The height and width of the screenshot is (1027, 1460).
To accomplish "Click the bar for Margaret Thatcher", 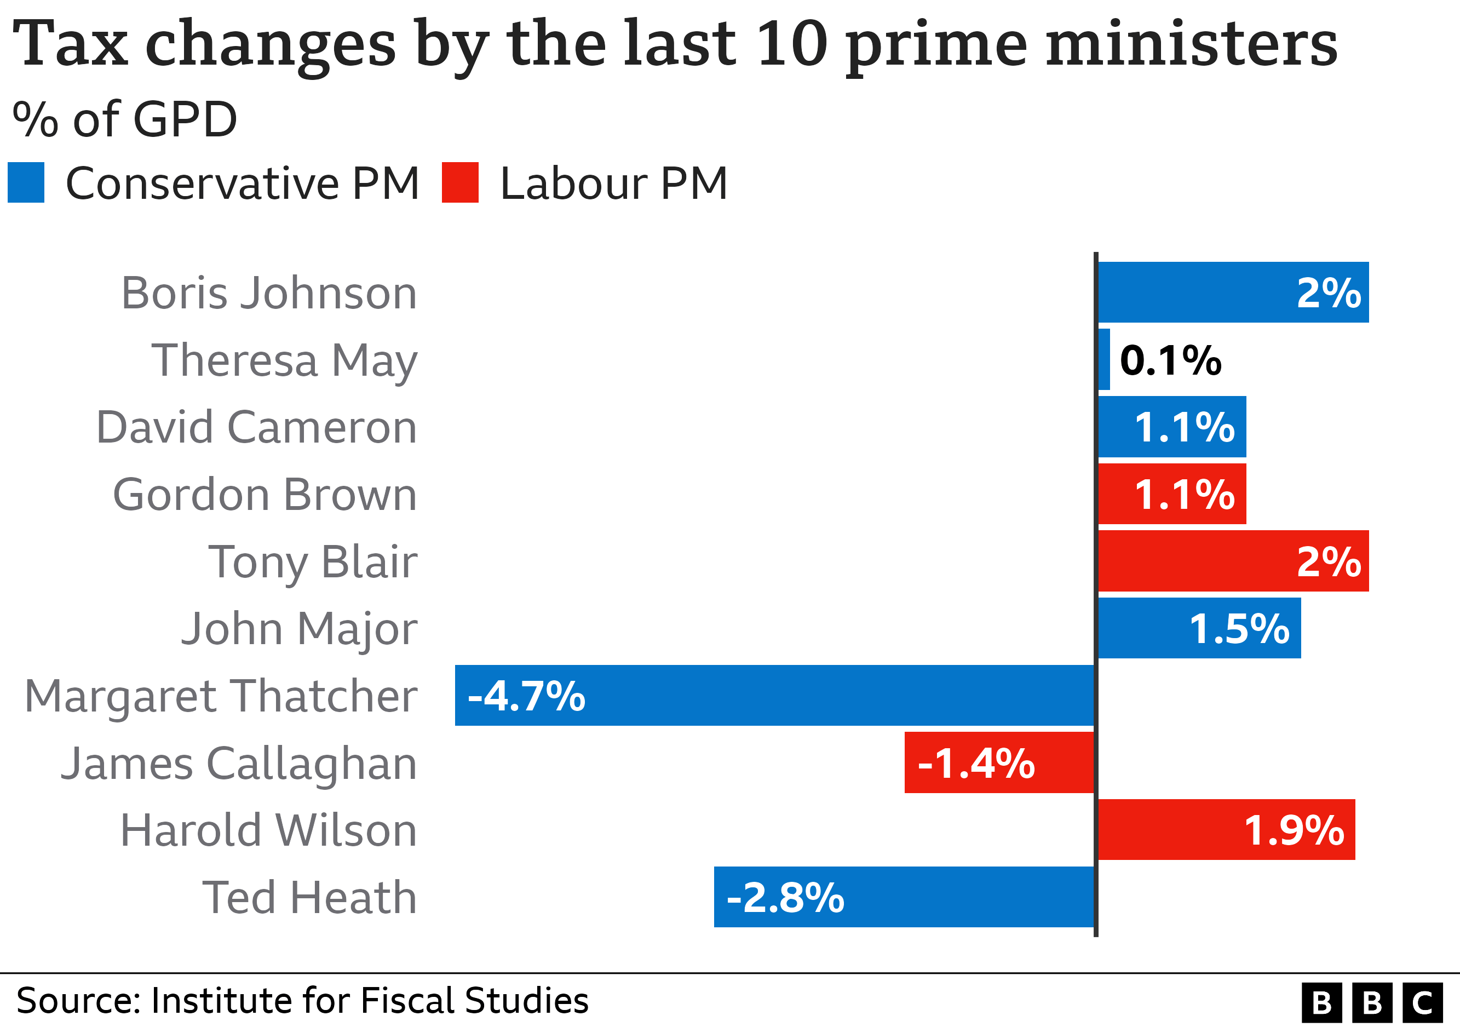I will pos(774,695).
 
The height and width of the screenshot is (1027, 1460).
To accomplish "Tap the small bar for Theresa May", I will pos(1104,359).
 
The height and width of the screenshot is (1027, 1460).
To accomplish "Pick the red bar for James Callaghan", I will pos(999,762).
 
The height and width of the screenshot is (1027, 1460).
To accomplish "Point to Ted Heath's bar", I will pos(904,897).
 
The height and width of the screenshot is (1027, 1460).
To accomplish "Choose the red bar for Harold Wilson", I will pos(1226,829).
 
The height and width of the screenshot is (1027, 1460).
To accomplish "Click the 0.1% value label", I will pos(1170,360).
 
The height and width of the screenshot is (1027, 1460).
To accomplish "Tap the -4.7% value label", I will pos(526,696).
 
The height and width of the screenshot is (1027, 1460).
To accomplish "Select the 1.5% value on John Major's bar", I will pos(1239,629).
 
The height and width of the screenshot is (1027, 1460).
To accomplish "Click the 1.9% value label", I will pos(1294,830).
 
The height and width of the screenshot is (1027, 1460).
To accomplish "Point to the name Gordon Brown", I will pos(265,495).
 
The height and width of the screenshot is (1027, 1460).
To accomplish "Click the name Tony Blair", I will pos(313,562).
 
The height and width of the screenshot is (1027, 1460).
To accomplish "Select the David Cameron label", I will pos(256,427).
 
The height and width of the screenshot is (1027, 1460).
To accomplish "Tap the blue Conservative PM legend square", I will pos(26,182).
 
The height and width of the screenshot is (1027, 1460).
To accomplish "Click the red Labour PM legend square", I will pos(460,182).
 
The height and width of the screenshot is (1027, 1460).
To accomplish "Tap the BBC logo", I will pos(1372,1003).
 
